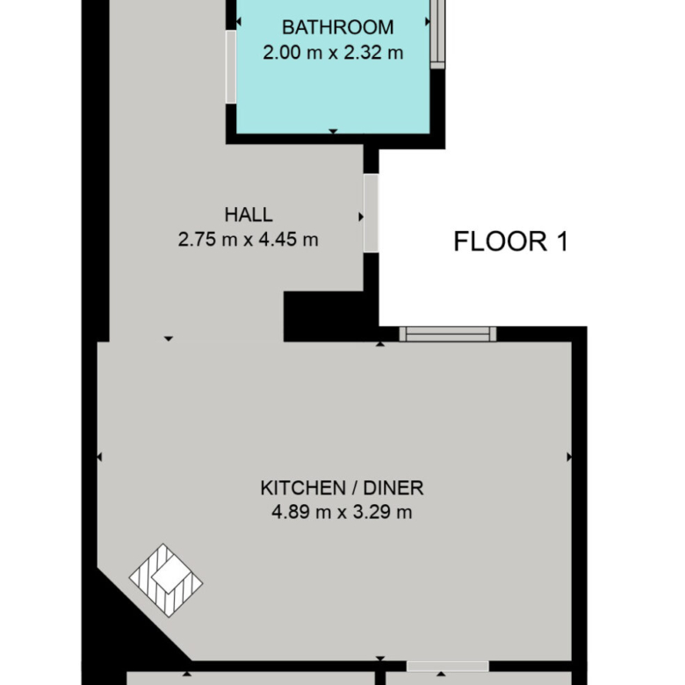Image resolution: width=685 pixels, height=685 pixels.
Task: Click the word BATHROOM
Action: (x=338, y=27)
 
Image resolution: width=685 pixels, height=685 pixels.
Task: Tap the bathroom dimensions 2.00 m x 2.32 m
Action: (x=333, y=53)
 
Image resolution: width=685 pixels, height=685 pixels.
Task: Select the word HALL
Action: (x=249, y=214)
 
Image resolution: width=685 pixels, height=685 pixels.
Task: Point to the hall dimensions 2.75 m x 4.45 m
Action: (x=249, y=240)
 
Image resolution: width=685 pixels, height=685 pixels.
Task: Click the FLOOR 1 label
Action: (x=511, y=242)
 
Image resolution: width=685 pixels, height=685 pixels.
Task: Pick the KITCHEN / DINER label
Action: (x=342, y=488)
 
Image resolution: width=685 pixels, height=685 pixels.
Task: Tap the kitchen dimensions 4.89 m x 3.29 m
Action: (x=342, y=512)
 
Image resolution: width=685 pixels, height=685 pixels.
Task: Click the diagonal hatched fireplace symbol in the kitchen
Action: (x=166, y=580)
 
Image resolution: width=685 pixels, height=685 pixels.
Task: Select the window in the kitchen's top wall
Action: (x=448, y=334)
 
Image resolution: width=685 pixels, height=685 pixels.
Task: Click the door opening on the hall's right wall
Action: (x=371, y=213)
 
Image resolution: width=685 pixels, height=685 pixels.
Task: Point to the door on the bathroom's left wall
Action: (x=231, y=67)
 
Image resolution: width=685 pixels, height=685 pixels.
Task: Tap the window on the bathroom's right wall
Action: (x=437, y=34)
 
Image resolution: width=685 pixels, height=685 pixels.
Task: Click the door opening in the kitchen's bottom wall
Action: (x=447, y=667)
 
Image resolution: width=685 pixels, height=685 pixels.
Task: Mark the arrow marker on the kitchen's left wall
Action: (x=99, y=457)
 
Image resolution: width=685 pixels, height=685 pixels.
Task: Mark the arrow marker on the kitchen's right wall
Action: (x=569, y=457)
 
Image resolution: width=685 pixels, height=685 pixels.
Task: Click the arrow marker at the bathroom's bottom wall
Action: (x=334, y=132)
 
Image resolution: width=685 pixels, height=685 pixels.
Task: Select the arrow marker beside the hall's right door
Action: (x=361, y=217)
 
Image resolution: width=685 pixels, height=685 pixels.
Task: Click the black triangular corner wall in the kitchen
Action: (x=131, y=620)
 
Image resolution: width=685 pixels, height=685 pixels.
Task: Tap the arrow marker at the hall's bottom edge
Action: (x=169, y=339)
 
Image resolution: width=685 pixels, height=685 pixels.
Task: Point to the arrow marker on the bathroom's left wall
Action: (x=239, y=21)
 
